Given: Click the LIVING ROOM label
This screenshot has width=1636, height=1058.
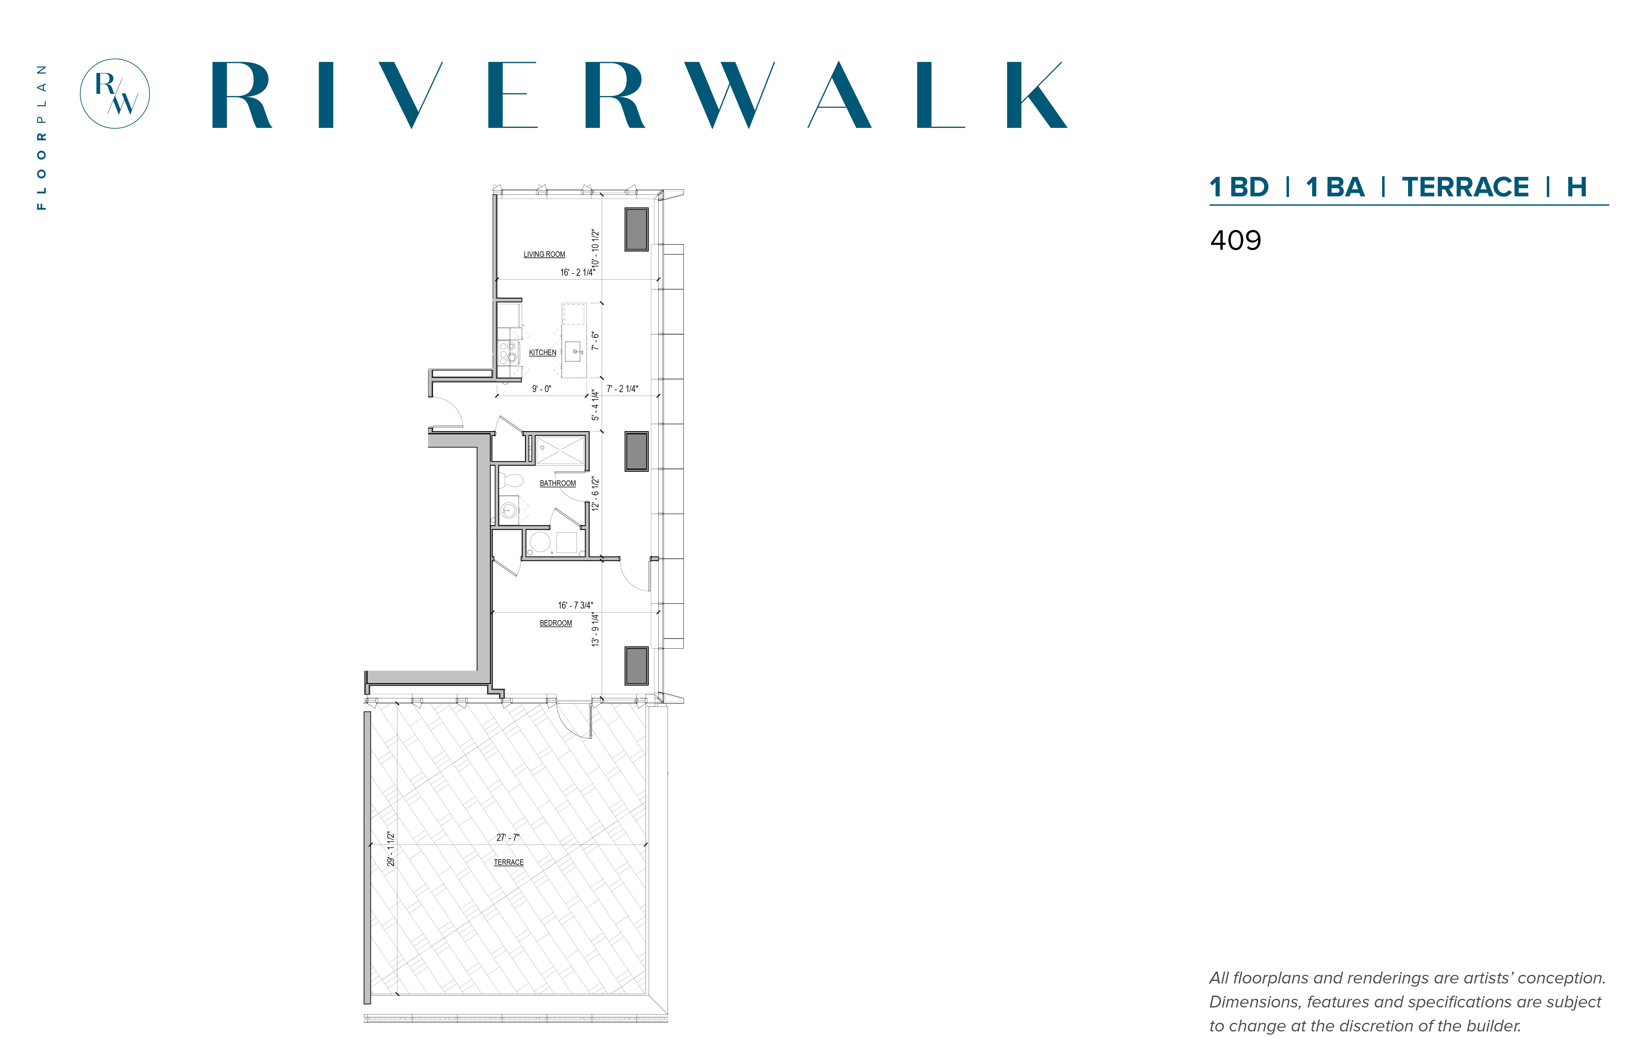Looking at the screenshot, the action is tap(544, 254).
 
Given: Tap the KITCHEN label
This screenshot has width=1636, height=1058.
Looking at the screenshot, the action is tap(543, 352).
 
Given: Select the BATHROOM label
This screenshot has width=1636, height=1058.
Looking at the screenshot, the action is tap(558, 483).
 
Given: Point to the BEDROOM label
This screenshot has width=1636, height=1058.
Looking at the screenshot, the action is tap(556, 623).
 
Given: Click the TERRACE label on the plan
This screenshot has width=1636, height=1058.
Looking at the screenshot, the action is tap(508, 862).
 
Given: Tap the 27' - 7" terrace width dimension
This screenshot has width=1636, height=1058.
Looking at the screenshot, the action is tap(508, 837).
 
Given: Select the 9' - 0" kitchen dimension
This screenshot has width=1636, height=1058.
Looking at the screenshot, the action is tap(541, 389).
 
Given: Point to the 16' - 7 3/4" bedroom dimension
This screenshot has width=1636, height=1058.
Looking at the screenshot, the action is tap(575, 605).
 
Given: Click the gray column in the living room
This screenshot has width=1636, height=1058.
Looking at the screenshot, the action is tap(636, 229).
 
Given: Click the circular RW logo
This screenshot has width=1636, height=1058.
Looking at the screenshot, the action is tap(115, 93).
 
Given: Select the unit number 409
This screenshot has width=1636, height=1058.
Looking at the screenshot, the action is tap(1236, 241).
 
